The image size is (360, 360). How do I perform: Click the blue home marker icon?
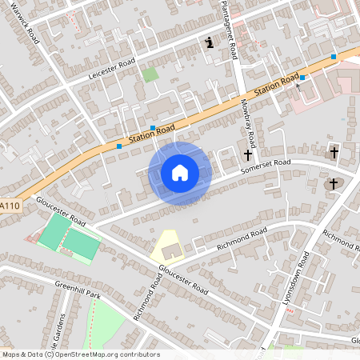(180, 173)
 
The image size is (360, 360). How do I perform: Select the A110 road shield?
(10, 206)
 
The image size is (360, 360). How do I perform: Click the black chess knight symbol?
(209, 42)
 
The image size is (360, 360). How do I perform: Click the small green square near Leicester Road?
(150, 74)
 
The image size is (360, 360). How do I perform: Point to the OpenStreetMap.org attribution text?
(105, 354)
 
